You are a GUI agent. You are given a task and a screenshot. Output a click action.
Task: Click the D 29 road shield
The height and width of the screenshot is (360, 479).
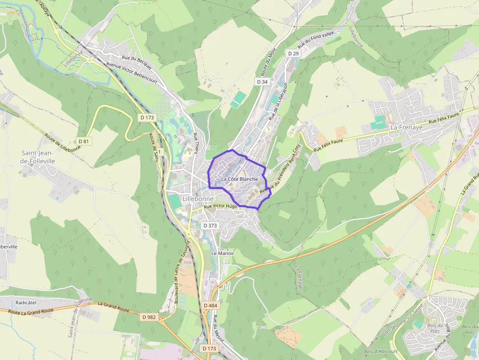(x=293, y=53)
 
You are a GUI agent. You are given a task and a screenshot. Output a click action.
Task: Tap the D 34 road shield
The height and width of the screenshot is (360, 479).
(x=262, y=82)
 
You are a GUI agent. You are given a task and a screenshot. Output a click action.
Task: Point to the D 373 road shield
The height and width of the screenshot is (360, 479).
(x=209, y=226)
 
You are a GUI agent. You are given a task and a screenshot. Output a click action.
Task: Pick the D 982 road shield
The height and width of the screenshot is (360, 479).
(x=149, y=317)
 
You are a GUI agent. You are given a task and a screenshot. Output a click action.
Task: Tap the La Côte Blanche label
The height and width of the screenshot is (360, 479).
(x=239, y=179)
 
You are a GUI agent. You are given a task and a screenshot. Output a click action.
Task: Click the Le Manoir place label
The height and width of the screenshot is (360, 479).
(x=223, y=254)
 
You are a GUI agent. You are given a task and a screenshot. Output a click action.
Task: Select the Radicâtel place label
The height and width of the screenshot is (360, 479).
(x=26, y=302)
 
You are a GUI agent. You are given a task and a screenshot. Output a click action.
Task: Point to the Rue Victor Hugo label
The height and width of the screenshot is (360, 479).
(x=220, y=207)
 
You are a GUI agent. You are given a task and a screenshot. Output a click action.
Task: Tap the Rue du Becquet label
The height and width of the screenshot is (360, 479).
(x=137, y=60)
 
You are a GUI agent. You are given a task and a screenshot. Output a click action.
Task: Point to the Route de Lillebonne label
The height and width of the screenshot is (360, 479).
(x=63, y=143)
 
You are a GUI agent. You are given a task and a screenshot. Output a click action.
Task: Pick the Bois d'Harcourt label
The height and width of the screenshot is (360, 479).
(x=381, y=351)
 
